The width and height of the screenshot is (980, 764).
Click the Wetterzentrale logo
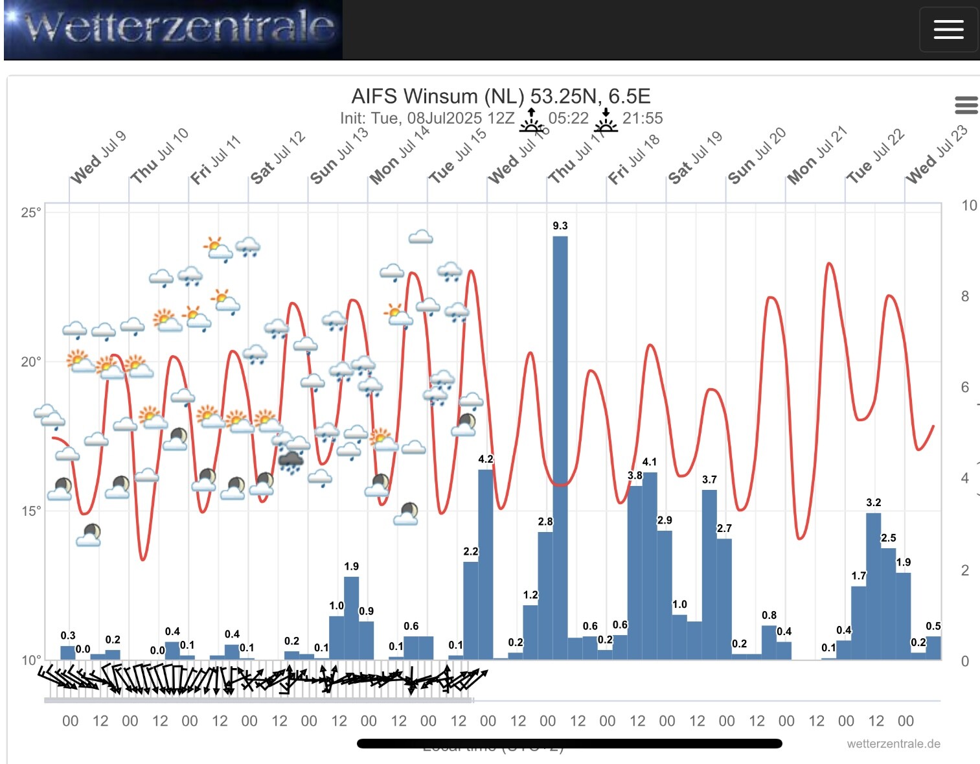coord(173,29)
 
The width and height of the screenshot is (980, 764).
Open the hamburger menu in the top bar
coord(948,29)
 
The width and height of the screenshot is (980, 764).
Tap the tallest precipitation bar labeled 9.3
coord(560,447)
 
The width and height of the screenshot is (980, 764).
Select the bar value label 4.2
coord(486,459)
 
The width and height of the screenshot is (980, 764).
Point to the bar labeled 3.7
coord(709,574)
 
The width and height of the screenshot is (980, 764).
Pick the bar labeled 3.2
coord(873,586)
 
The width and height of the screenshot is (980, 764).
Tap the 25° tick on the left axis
coord(30,213)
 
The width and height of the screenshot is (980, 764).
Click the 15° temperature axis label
coord(30,511)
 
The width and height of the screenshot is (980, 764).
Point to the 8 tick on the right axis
coord(965,296)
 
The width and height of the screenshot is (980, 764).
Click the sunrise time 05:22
coord(568,119)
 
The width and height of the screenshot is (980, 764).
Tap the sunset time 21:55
coord(642,119)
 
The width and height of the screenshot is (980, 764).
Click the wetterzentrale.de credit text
coord(893,744)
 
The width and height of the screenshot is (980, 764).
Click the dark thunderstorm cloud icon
coord(291,461)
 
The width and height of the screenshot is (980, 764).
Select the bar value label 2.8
coord(545,521)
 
